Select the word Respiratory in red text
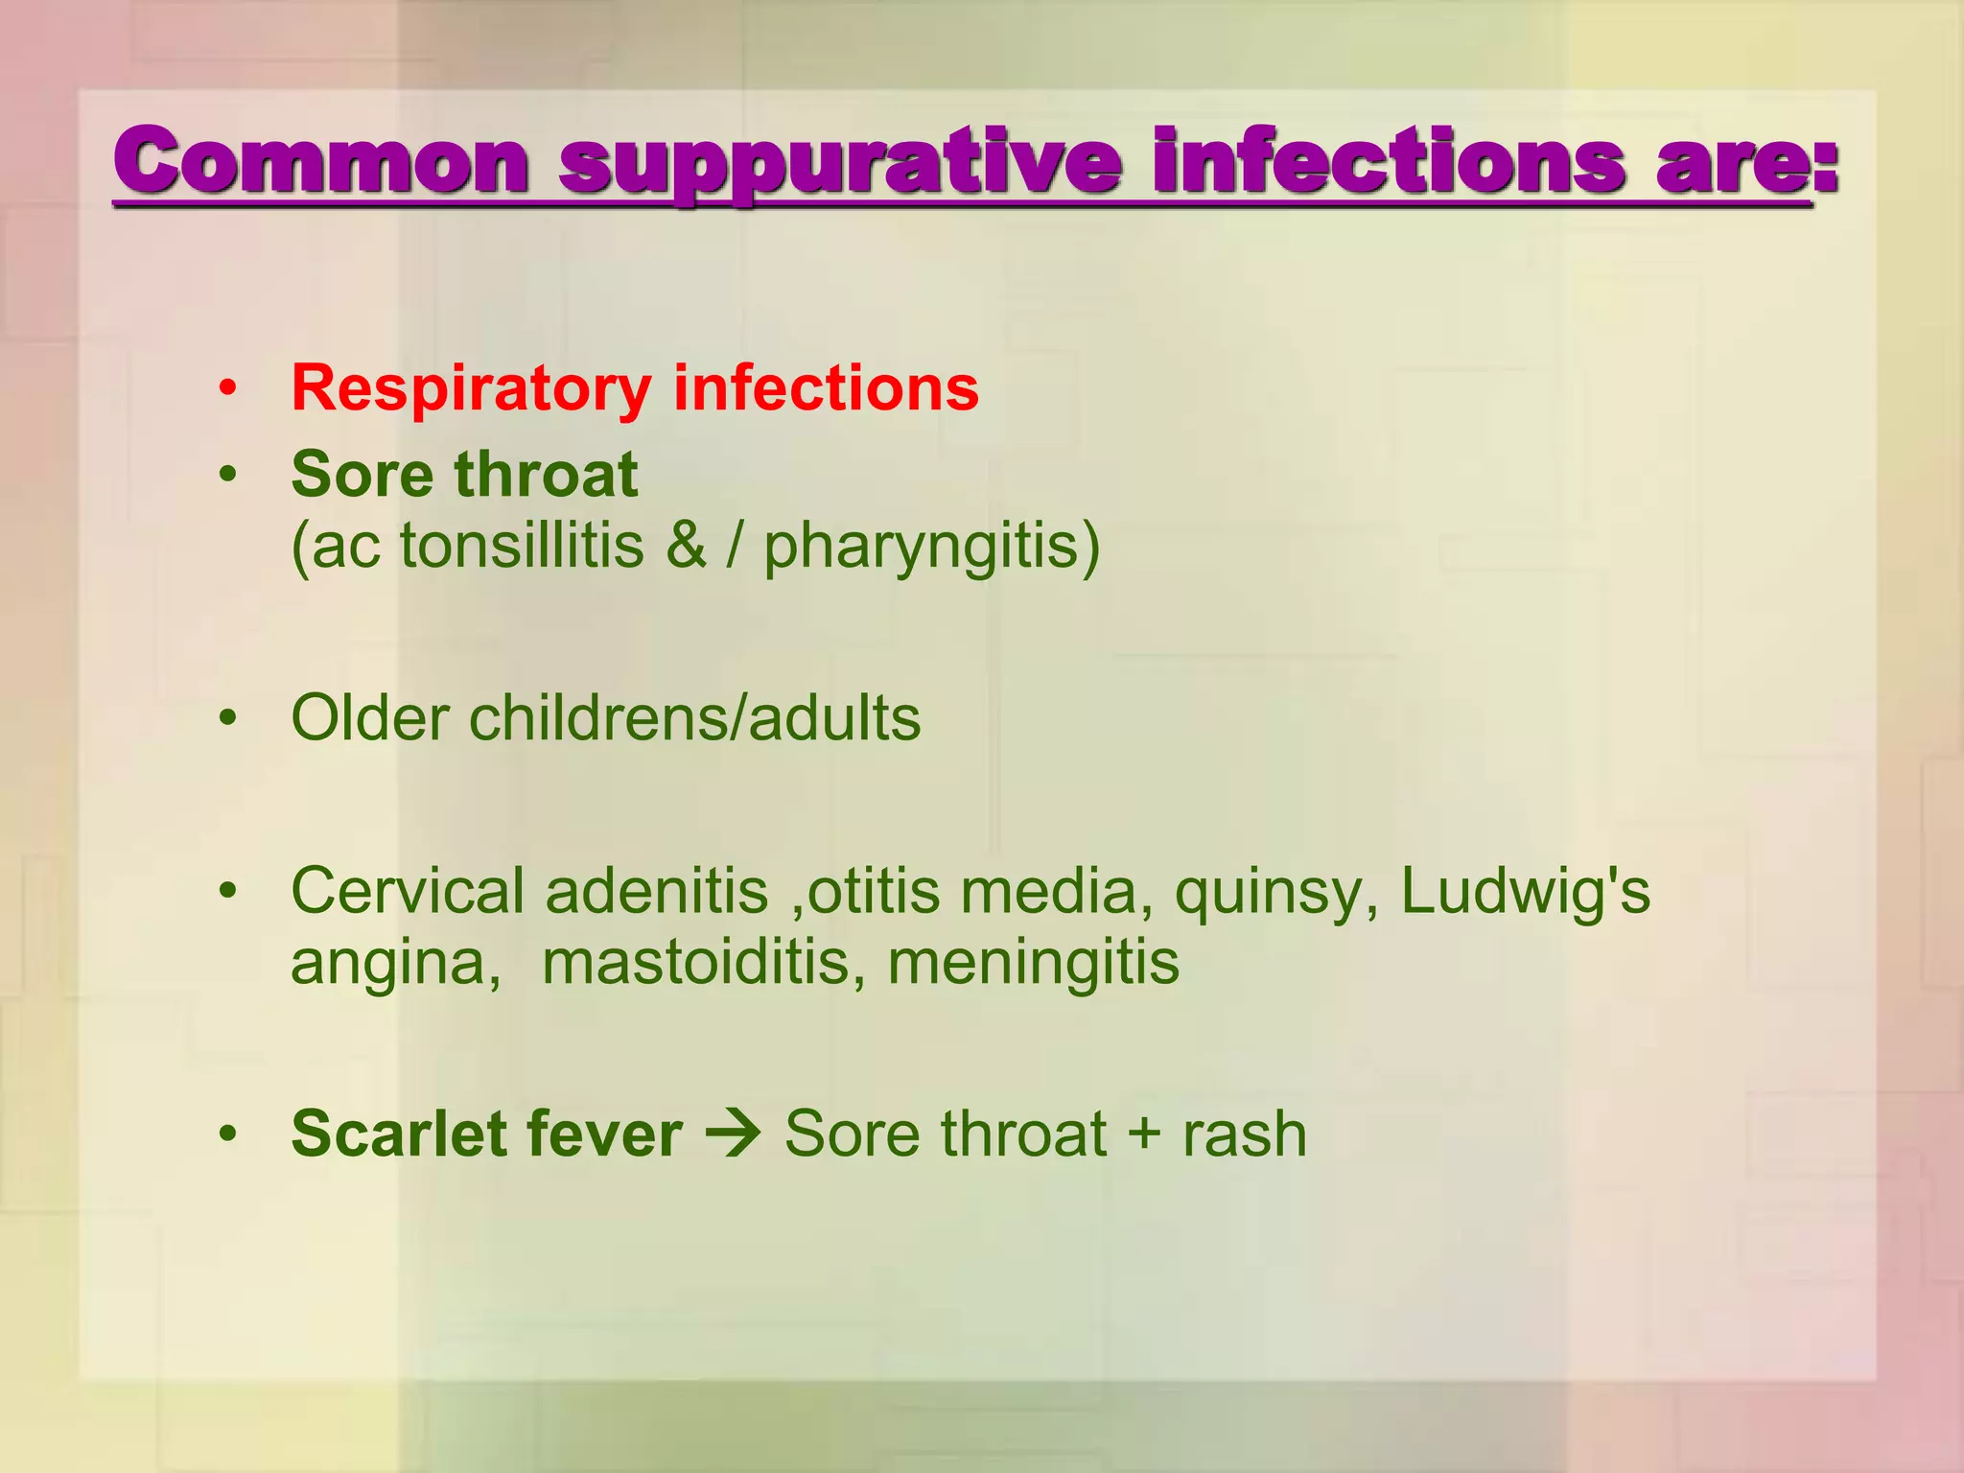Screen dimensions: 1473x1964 tap(471, 389)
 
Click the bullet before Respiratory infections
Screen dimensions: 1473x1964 tap(227, 389)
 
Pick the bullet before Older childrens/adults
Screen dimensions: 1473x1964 tap(227, 718)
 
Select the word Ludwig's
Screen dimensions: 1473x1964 tap(1525, 892)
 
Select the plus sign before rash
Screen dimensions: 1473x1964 tap(1144, 1134)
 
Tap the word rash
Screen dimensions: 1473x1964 tap(1244, 1134)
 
